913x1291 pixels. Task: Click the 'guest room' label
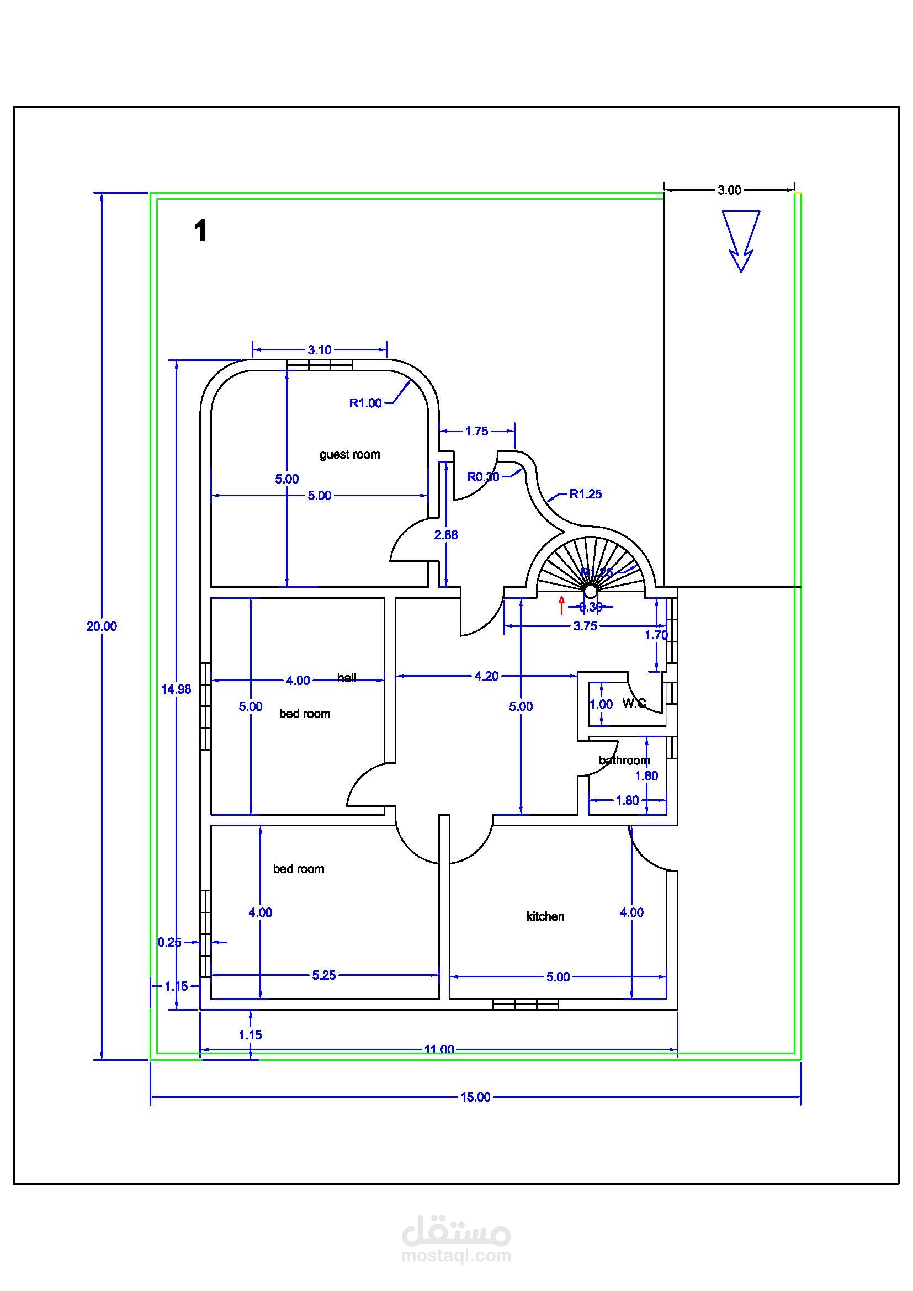pos(349,454)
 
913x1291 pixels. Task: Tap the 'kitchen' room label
pos(545,916)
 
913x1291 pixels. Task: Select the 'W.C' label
pos(634,703)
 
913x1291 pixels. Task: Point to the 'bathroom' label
pos(624,760)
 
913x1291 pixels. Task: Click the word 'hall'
pos(347,678)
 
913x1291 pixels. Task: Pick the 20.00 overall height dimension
pos(102,626)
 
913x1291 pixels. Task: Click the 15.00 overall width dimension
pos(476,1097)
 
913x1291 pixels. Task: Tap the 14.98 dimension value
pos(176,689)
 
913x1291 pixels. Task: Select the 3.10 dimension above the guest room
pos(319,350)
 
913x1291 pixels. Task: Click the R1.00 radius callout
pos(365,402)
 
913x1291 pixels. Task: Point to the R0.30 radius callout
pos(483,477)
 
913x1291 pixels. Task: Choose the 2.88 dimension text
pos(446,535)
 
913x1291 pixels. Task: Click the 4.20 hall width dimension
pos(486,677)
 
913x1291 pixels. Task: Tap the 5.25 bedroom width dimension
pos(324,975)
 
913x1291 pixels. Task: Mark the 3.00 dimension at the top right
pos(729,190)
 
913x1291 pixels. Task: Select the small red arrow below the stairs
pos(561,605)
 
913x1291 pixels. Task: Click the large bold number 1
pos(200,231)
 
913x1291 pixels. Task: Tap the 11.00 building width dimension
pos(438,1049)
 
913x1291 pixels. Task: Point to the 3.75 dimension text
pos(585,626)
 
